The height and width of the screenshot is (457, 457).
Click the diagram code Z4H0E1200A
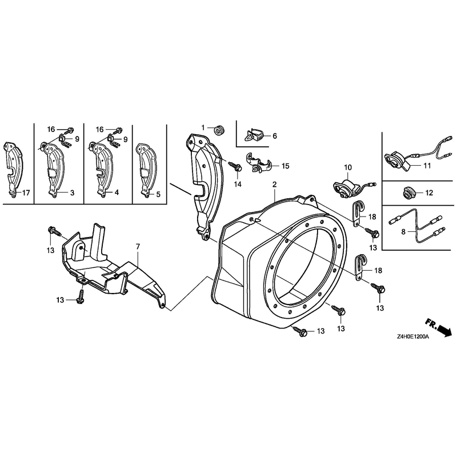412,336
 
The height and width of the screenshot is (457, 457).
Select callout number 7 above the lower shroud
138,247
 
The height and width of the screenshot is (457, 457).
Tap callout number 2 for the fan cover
274,184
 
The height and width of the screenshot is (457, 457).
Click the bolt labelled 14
236,167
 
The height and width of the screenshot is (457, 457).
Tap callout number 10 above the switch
348,167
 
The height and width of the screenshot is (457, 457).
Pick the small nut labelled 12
409,193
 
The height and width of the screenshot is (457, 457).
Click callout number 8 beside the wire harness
403,232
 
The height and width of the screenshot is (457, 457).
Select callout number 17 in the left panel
26,193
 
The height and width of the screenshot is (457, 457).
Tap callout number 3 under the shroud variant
72,193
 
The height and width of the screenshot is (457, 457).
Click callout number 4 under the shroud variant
117,193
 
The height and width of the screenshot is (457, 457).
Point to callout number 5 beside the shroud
158,194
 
